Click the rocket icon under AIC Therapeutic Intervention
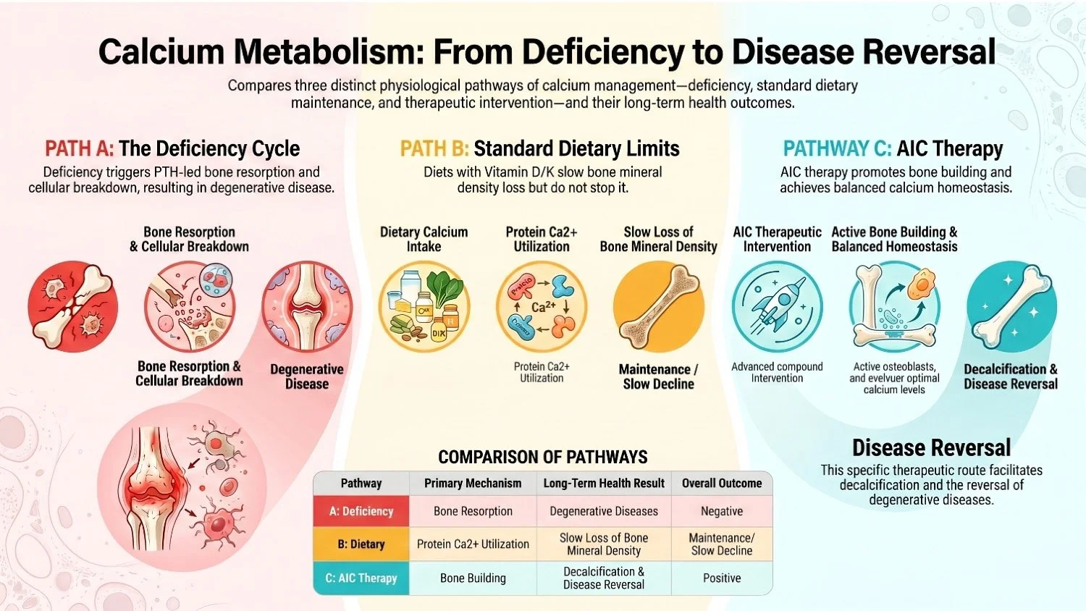777,306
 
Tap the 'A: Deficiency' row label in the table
361,511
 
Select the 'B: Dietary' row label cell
361,544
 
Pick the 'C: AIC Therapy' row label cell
361,578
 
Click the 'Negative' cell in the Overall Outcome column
722,511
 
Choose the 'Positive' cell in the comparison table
722,578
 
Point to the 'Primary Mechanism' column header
473,484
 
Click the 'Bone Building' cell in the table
473,578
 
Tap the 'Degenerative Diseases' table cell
604,511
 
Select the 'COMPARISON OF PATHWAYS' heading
543,457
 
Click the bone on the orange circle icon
659,306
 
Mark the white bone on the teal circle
1011,306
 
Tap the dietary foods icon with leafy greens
424,306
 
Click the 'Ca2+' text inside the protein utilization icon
543,307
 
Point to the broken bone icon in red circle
72,306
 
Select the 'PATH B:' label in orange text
434,149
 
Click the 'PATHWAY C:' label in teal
837,149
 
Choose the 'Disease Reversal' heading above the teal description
931,447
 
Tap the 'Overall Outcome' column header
722,484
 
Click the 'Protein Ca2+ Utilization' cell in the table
473,544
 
